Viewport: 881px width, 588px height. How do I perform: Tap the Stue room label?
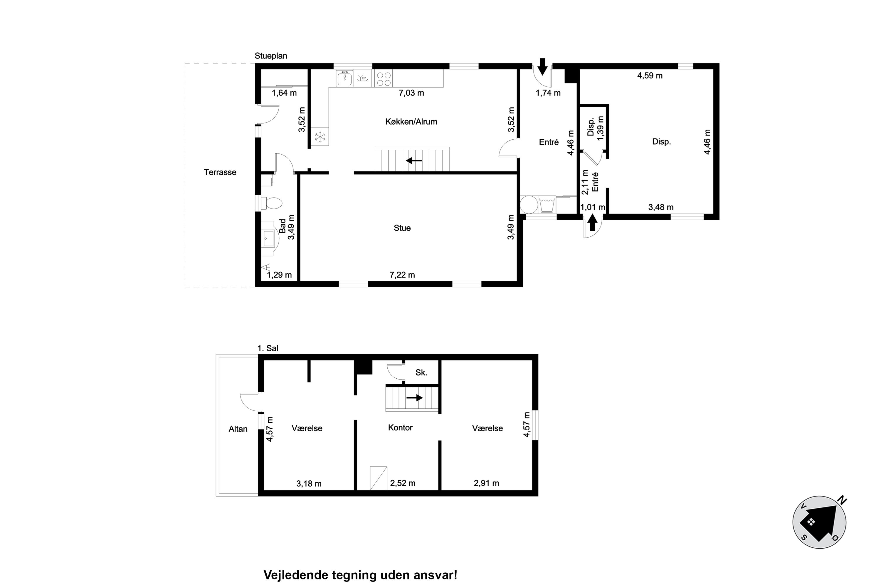tap(402, 228)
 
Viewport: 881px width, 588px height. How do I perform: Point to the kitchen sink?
tap(344, 79)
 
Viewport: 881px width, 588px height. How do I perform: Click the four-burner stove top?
tap(383, 79)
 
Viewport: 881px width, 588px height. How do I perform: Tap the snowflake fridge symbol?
tap(320, 137)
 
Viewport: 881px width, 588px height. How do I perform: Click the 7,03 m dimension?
tap(411, 93)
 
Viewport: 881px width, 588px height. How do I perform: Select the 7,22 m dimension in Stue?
tap(402, 275)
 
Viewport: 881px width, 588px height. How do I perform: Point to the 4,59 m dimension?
tap(650, 76)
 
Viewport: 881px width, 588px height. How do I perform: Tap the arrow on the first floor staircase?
tap(415, 397)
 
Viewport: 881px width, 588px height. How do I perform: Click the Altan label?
tap(238, 429)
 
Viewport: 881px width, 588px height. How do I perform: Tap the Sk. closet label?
tap(421, 372)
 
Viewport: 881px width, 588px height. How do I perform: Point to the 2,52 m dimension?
tap(403, 483)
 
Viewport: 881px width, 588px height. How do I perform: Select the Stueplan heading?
tap(271, 56)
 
